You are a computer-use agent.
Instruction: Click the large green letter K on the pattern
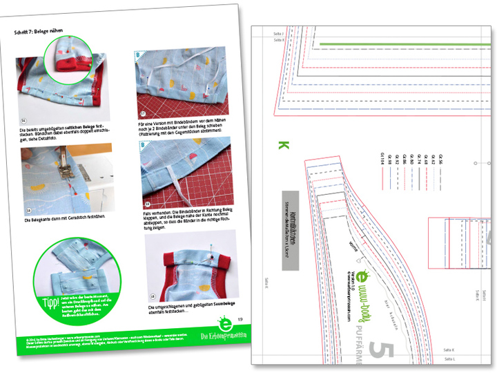tap(282, 146)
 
